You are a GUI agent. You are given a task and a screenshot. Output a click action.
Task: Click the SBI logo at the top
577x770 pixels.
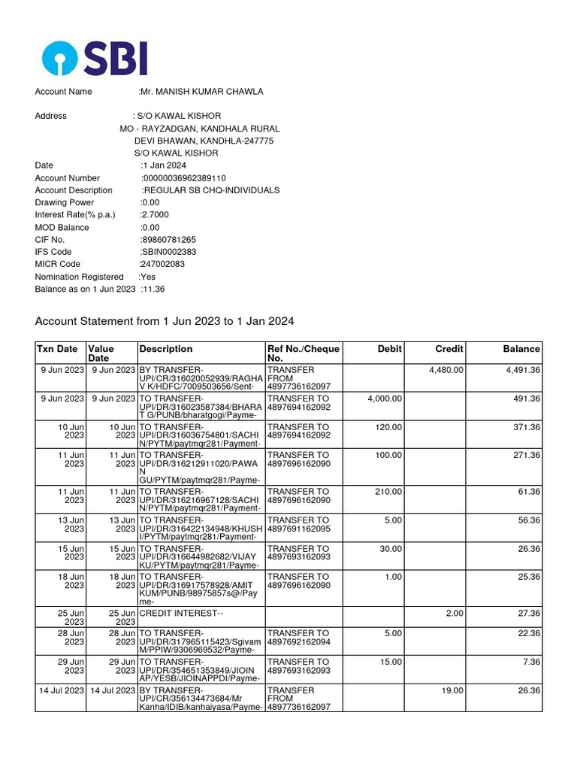(x=95, y=58)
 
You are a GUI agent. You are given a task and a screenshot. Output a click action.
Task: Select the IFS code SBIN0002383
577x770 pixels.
(x=168, y=252)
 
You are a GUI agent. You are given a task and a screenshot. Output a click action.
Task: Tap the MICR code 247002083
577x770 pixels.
(x=162, y=264)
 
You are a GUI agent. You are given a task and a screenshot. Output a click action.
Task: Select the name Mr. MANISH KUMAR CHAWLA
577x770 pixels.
(x=201, y=92)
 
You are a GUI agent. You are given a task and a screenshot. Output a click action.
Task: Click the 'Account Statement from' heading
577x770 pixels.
(x=165, y=321)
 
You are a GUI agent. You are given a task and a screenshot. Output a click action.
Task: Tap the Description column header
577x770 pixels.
(x=165, y=349)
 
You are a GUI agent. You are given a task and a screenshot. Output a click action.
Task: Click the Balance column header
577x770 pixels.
(x=521, y=349)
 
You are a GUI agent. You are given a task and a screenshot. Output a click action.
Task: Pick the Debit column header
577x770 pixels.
(x=390, y=349)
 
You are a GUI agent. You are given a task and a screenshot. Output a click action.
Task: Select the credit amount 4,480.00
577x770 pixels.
(x=446, y=370)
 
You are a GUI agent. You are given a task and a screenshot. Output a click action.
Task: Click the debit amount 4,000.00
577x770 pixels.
(x=385, y=399)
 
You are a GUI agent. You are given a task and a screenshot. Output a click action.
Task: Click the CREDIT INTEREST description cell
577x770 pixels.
(x=182, y=614)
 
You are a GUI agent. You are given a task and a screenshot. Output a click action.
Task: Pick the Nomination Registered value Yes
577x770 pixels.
(x=148, y=277)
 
